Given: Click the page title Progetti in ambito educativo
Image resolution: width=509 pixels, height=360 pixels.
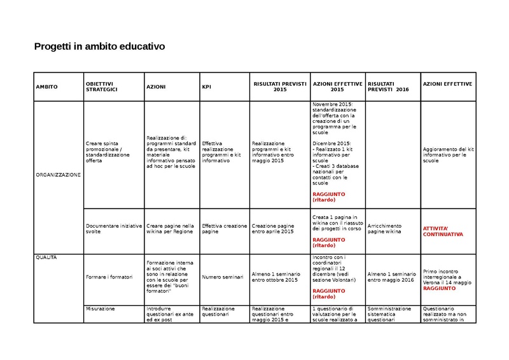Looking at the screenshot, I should (x=99, y=47).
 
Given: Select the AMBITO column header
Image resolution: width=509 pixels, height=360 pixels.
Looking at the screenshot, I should (x=46, y=87).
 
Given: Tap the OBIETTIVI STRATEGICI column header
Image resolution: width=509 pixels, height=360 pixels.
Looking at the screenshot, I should (x=102, y=87).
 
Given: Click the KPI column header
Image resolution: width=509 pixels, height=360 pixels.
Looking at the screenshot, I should (x=207, y=87).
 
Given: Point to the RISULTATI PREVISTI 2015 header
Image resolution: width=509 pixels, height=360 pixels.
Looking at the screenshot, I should (x=279, y=87).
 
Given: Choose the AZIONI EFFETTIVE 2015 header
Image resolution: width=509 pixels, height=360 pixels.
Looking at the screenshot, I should (x=337, y=87).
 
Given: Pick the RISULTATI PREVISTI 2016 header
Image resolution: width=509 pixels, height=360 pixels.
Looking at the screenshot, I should (x=388, y=87).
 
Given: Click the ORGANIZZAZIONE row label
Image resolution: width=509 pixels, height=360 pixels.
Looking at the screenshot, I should (x=58, y=176).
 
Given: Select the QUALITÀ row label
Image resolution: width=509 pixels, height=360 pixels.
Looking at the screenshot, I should (x=46, y=257).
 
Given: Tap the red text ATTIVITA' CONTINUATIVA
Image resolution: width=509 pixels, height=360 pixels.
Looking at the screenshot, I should (x=443, y=231).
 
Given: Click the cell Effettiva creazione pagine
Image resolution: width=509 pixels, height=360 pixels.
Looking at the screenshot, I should (x=224, y=229).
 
